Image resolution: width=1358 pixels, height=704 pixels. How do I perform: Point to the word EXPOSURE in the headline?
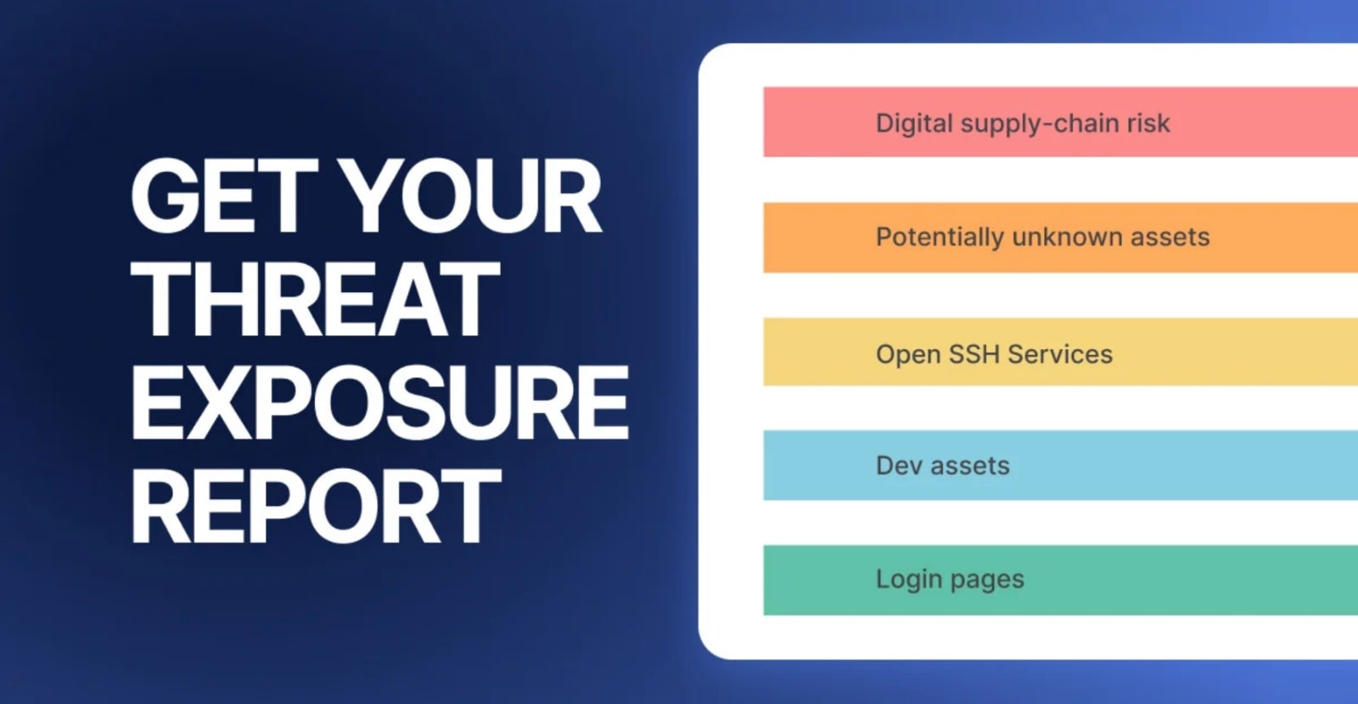coord(380,403)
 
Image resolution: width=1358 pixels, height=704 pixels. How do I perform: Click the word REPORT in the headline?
coord(316,506)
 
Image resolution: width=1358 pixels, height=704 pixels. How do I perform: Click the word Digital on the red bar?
coord(914,123)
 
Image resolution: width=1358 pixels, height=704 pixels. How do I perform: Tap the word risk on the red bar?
coord(1148,123)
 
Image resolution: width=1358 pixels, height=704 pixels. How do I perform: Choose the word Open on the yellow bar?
coord(906,354)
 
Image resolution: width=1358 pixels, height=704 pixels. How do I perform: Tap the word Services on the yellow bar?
coord(1060,353)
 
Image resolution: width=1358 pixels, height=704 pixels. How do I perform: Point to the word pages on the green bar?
coord(987,580)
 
